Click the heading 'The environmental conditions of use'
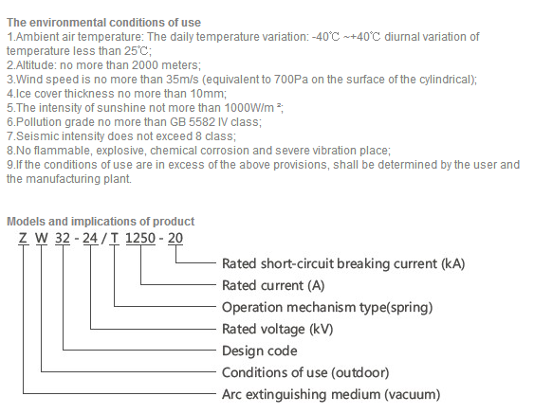pyautogui.click(x=104, y=23)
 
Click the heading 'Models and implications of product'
pyautogui.click(x=101, y=222)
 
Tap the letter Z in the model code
pyautogui.click(x=23, y=238)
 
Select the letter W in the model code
pyautogui.click(x=42, y=238)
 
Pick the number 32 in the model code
pyautogui.click(x=63, y=238)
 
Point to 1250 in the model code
pyautogui.click(x=140, y=238)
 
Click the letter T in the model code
pyautogui.click(x=115, y=238)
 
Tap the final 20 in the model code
pyautogui.click(x=175, y=238)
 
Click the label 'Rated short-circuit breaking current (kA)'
pyautogui.click(x=343, y=263)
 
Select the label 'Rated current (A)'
pyautogui.click(x=273, y=285)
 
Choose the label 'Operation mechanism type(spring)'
pyautogui.click(x=327, y=307)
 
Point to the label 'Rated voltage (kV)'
pyautogui.click(x=278, y=329)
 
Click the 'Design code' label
pyautogui.click(x=260, y=351)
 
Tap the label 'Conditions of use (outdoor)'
pyautogui.click(x=305, y=372)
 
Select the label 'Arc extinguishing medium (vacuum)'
pyautogui.click(x=331, y=395)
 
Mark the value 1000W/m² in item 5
pyautogui.click(x=252, y=107)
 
